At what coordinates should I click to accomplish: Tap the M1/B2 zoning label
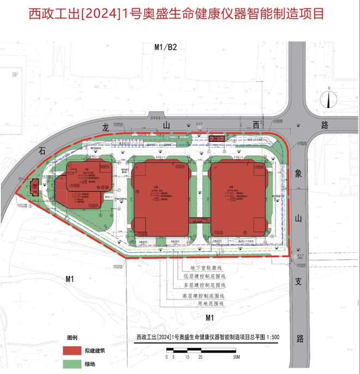pyautogui.click(x=165, y=48)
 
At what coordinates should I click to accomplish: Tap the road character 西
pyautogui.click(x=255, y=125)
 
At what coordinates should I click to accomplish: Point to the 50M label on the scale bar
pyautogui.click(x=236, y=358)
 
